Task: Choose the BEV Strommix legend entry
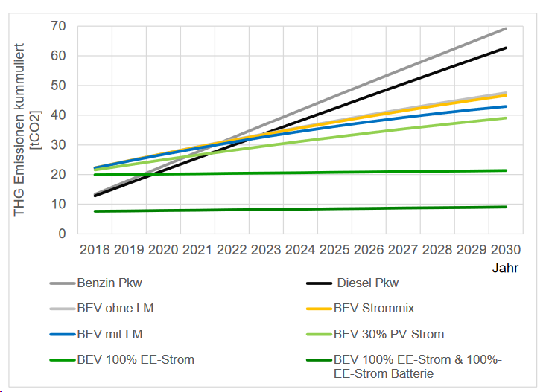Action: (x=372, y=309)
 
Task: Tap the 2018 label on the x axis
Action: (x=95, y=248)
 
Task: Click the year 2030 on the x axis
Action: (x=507, y=248)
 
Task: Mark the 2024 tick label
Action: (x=300, y=248)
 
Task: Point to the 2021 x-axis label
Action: (x=197, y=248)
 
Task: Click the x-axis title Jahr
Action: (x=505, y=267)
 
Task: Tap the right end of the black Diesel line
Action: (x=507, y=48)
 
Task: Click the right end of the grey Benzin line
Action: (x=507, y=28)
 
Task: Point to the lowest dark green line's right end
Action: (x=507, y=207)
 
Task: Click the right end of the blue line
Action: (x=507, y=106)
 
